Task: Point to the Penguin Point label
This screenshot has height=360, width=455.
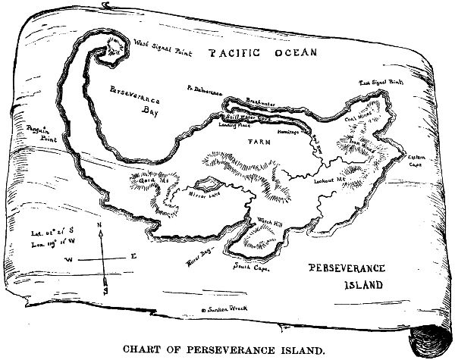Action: pos(38,135)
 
